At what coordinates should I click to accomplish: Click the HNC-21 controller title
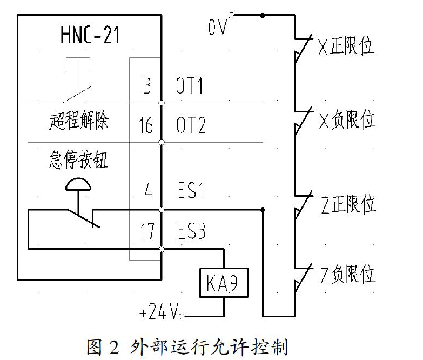tap(90, 35)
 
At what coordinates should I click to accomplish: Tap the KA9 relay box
tap(224, 283)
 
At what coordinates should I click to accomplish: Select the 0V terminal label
tap(217, 27)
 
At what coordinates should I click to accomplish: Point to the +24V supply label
tap(159, 311)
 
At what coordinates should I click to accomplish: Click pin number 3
tap(147, 86)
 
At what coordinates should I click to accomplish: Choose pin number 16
tap(146, 125)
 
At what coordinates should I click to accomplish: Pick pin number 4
tap(149, 191)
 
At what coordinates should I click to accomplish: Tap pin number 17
tap(147, 231)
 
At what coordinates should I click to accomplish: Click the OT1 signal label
tap(189, 86)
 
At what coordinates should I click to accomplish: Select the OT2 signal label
tap(191, 125)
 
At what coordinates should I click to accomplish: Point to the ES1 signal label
tap(191, 190)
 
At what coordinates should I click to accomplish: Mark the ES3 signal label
tap(192, 231)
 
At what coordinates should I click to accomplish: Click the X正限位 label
tap(346, 46)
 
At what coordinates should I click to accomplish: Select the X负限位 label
tap(347, 120)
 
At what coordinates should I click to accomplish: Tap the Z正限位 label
tap(348, 204)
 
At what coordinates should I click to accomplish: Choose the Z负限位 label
tap(348, 275)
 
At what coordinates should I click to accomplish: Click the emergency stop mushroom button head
tap(78, 184)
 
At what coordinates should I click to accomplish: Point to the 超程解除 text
tap(79, 120)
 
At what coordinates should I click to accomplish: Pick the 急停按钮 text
tap(78, 159)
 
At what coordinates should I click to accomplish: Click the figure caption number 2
tap(114, 348)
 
